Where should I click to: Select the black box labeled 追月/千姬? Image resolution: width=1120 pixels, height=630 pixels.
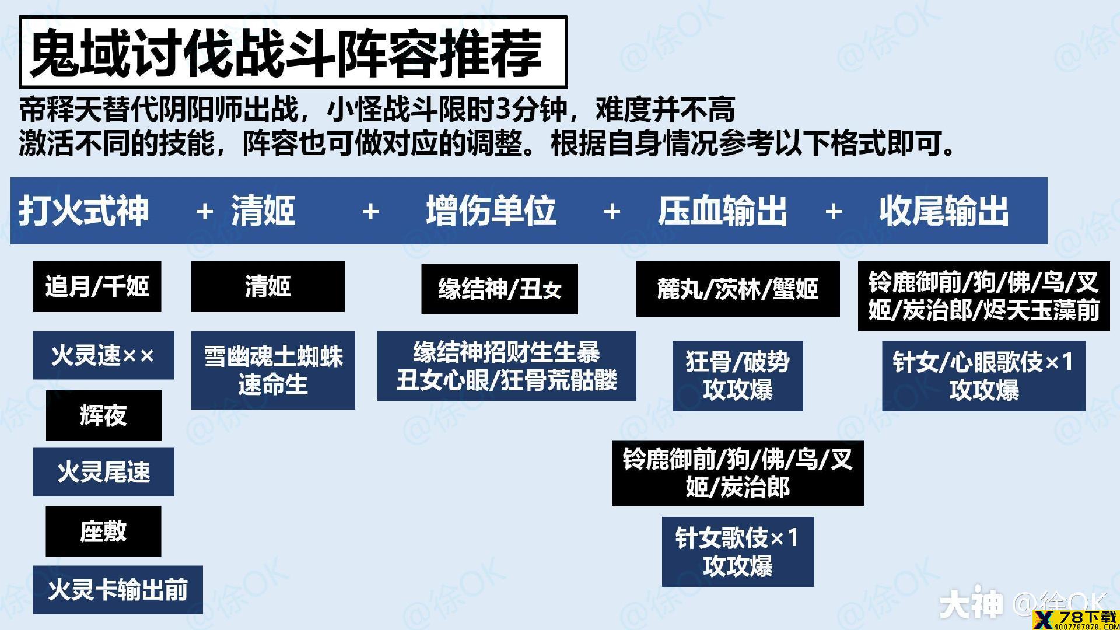tap(97, 286)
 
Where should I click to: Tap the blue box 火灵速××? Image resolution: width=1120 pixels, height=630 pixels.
tap(103, 355)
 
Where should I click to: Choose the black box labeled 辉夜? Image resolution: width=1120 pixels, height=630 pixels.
tap(103, 415)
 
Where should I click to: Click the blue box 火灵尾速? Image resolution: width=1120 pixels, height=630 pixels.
tap(103, 472)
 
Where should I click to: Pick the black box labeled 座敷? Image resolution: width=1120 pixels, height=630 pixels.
tap(103, 531)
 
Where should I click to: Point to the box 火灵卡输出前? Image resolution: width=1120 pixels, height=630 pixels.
tap(118, 590)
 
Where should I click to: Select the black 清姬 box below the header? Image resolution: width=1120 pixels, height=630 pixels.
tap(268, 286)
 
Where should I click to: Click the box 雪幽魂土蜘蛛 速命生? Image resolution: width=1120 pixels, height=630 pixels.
tap(273, 370)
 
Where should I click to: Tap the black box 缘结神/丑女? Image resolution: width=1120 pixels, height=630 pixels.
tap(499, 289)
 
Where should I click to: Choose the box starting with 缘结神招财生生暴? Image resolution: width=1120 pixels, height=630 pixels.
tap(506, 366)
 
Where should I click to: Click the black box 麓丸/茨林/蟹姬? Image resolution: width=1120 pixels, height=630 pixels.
tap(738, 289)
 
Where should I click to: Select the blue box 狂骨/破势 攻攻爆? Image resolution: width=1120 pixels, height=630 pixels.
tap(737, 376)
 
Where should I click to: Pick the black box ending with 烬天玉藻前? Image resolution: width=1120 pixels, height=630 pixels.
tap(984, 296)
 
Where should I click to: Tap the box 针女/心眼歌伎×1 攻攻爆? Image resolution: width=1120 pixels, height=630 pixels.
tap(984, 376)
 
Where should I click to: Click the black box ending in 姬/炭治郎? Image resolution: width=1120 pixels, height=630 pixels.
tap(737, 473)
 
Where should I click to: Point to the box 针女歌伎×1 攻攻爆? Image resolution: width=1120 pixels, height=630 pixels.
tap(737, 551)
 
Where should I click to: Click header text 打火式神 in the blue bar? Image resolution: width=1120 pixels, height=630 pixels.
tap(83, 211)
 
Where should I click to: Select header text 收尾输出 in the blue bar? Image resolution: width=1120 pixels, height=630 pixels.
tap(944, 211)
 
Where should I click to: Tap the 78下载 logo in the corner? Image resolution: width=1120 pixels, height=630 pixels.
tap(1075, 619)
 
